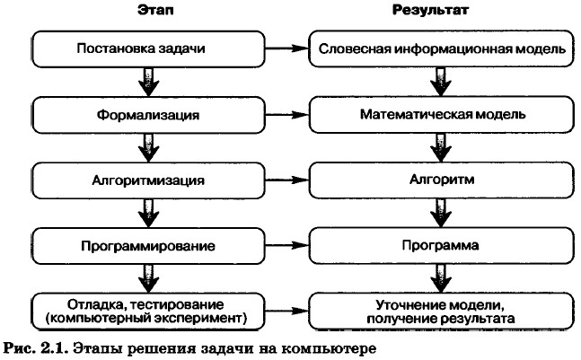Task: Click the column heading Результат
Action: click(x=441, y=11)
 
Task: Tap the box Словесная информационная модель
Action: click(x=441, y=50)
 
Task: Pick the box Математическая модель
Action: click(x=441, y=116)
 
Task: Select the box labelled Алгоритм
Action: click(x=441, y=179)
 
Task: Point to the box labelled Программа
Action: click(x=441, y=243)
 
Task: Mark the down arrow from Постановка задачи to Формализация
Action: click(x=144, y=83)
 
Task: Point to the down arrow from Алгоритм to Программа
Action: click(x=441, y=211)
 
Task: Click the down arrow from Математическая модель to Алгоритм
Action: click(x=441, y=147)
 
